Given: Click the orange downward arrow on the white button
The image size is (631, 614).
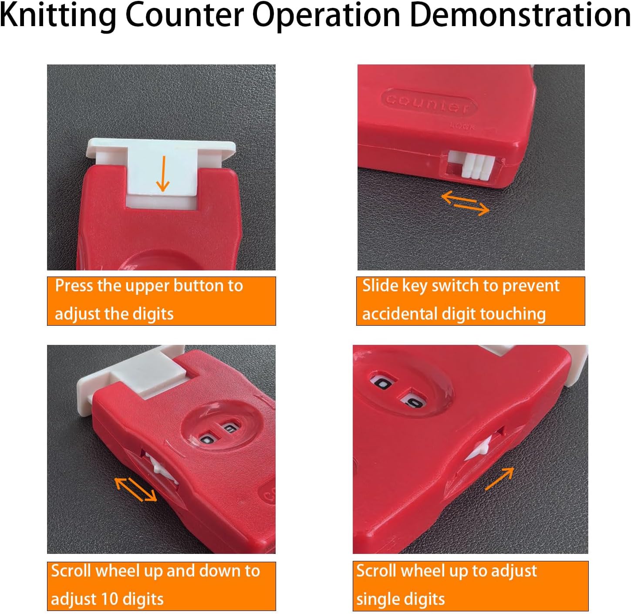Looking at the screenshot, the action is click(x=163, y=174).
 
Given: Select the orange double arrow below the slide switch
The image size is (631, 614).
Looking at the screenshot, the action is click(x=466, y=203).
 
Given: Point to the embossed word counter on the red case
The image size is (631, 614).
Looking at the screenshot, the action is click(x=429, y=102).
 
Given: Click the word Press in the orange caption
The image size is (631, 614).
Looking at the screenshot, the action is click(x=73, y=286).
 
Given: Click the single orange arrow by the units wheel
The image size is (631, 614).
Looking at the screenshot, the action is click(x=499, y=478).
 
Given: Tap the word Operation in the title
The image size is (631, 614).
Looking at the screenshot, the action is click(x=326, y=16).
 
